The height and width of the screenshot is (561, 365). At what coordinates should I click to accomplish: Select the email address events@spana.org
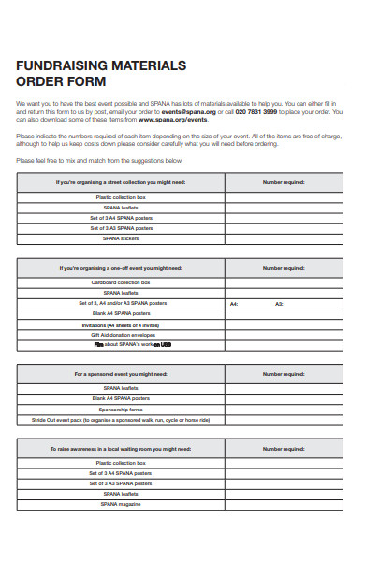[187, 111]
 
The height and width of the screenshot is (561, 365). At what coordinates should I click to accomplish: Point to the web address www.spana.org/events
[173, 119]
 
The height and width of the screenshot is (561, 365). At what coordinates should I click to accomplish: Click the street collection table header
[121, 182]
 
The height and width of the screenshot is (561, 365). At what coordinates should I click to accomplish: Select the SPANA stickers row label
[121, 238]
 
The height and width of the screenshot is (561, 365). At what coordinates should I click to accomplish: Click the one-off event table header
[121, 267]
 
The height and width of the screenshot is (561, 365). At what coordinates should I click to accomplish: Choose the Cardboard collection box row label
[121, 282]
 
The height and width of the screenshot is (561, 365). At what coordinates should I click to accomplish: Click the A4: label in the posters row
[234, 304]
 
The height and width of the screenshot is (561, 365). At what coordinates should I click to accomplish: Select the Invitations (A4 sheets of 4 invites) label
[121, 324]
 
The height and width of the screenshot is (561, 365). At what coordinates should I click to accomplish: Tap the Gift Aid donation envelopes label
[121, 335]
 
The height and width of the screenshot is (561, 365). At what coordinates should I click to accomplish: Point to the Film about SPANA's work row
[121, 345]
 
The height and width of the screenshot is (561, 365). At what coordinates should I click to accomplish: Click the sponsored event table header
[121, 374]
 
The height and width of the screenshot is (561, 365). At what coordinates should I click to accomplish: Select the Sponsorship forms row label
[121, 410]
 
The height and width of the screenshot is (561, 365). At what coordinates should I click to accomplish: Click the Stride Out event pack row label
[121, 420]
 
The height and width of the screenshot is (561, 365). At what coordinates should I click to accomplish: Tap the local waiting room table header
[121, 449]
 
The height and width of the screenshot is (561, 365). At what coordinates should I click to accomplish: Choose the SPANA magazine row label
[121, 504]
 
